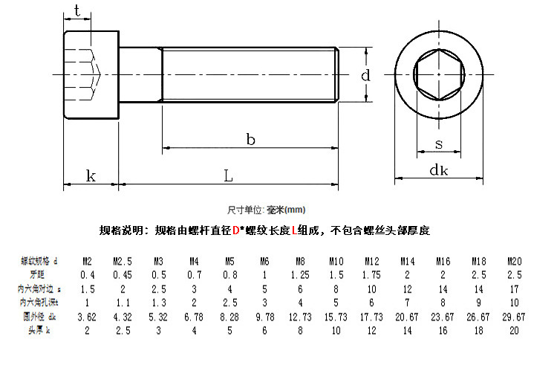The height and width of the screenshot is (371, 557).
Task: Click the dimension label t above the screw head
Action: click(77, 11)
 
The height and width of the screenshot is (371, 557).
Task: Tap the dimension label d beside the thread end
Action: click(365, 75)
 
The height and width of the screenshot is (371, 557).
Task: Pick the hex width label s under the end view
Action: click(439, 143)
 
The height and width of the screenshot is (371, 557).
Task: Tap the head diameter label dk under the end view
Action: click(438, 170)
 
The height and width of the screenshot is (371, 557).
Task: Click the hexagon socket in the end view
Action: click(438, 74)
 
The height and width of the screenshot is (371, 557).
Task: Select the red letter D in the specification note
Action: click(235, 231)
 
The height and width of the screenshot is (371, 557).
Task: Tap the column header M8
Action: click(300, 262)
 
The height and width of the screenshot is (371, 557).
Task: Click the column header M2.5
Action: click(123, 262)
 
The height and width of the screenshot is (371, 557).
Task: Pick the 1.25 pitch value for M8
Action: click(300, 275)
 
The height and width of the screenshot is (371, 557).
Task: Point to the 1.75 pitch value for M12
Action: click(371, 275)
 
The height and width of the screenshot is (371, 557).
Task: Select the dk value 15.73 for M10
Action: click(336, 316)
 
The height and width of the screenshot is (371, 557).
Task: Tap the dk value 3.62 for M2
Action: click(87, 316)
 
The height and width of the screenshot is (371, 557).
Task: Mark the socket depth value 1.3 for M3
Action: click(158, 303)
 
